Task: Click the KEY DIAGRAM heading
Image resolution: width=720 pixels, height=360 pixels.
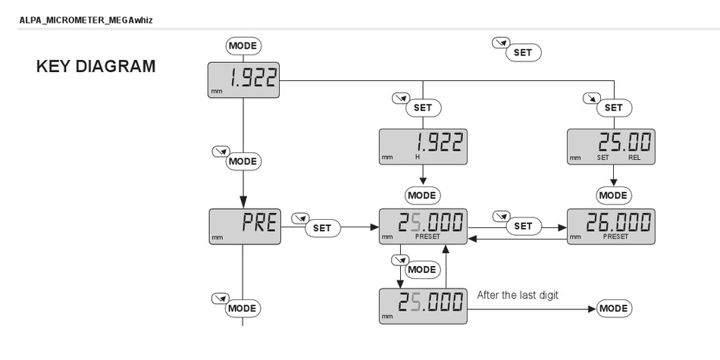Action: (96, 67)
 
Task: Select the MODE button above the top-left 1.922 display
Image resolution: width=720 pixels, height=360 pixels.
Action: (243, 45)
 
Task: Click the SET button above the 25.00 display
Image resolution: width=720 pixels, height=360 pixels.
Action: (613, 108)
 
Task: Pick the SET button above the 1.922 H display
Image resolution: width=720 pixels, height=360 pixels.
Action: (422, 108)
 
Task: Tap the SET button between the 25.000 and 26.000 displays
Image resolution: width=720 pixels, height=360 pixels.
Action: (523, 226)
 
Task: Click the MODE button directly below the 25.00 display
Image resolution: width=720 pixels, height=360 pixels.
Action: (613, 195)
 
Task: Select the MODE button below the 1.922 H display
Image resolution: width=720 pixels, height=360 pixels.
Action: (422, 195)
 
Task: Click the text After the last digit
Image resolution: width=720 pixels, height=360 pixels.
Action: (517, 295)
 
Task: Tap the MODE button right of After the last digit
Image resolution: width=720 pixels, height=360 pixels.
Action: (613, 308)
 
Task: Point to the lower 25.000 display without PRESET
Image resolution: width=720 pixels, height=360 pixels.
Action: (422, 306)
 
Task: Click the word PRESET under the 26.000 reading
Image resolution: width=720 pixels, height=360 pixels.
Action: (615, 236)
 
